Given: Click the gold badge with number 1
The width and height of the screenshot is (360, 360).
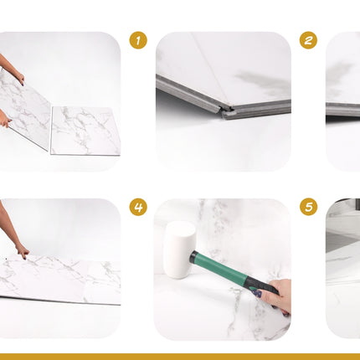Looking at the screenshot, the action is tap(138, 40).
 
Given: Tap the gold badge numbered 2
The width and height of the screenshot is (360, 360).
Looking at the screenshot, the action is tap(308, 40).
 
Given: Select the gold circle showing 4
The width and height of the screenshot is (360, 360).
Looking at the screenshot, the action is tap(138, 207).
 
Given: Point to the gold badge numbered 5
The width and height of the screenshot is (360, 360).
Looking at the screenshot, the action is tap(308, 207).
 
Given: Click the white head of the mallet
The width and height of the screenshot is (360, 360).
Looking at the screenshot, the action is tap(179, 249).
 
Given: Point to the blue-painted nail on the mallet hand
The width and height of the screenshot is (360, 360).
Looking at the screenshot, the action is tap(257, 294).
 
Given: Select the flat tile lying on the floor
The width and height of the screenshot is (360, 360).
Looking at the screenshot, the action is tap(85, 131).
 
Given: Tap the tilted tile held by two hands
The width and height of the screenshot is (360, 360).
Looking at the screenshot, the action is tap(25, 111).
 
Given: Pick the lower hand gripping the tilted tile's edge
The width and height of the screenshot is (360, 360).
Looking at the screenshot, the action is tap(4, 121).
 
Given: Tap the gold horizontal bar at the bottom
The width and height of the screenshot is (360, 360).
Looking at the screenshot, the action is tap(180, 357).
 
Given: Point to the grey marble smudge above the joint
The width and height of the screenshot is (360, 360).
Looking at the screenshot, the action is tap(262, 81).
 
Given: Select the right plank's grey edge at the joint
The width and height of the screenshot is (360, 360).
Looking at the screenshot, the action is tap(258, 111).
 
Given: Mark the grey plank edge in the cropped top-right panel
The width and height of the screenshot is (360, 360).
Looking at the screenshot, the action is tap(343, 109).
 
